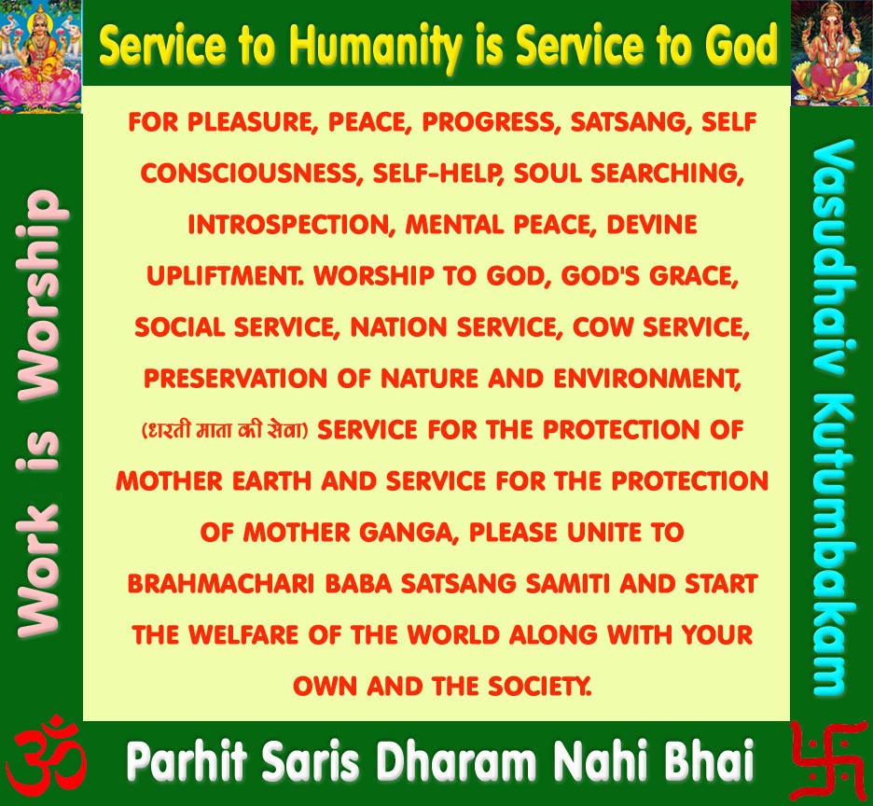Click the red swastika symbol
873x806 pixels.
click(x=828, y=760)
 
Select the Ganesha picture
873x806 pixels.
click(x=831, y=53)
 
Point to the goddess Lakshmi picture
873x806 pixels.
click(x=41, y=56)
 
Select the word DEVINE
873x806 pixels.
click(x=651, y=225)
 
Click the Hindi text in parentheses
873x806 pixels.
click(x=225, y=430)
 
